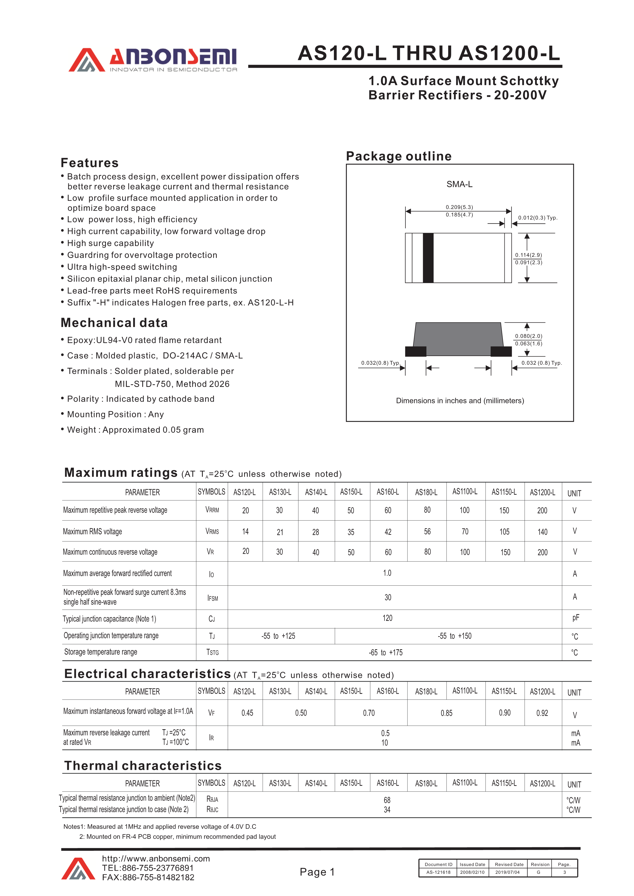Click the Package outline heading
click(x=399, y=156)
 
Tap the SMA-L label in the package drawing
click(x=459, y=184)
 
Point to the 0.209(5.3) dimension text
click(x=459, y=207)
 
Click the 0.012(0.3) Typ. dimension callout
click(x=538, y=218)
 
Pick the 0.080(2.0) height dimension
click(x=528, y=336)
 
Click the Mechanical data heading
click(x=114, y=323)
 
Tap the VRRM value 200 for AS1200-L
click(x=542, y=510)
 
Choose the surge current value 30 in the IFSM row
click(x=388, y=597)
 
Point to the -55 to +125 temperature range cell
click(x=278, y=636)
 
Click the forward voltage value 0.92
click(x=542, y=713)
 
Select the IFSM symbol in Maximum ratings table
click(x=212, y=598)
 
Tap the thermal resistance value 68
click(x=387, y=800)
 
